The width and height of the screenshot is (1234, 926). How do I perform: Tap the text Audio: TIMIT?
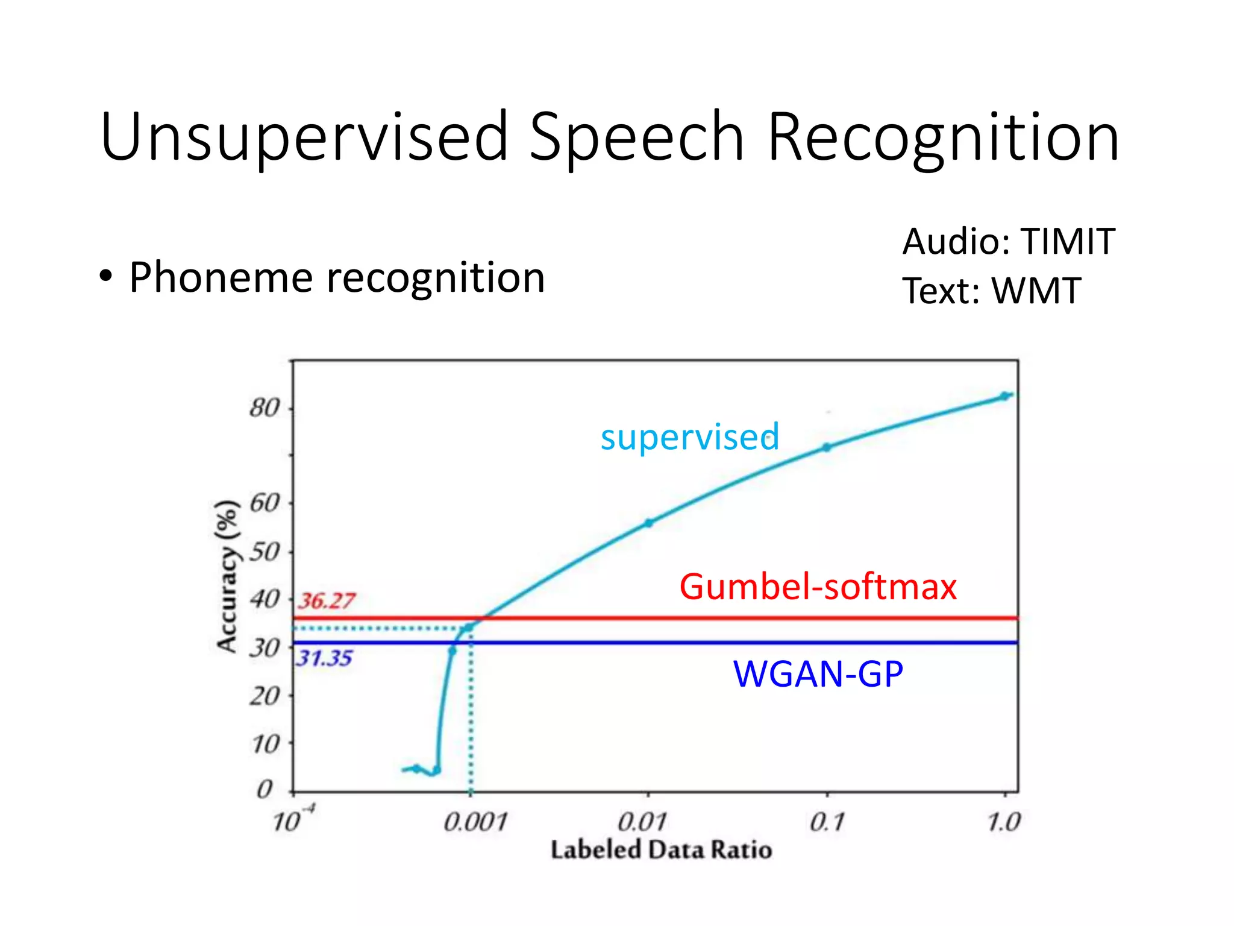tap(1009, 242)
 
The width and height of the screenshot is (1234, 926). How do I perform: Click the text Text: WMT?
tap(991, 291)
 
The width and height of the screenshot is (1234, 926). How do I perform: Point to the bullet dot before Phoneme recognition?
tap(106, 278)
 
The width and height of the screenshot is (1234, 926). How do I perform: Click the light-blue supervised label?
tap(690, 436)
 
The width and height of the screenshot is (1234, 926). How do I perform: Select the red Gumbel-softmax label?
tap(818, 587)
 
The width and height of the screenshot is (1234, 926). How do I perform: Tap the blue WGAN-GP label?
tap(818, 674)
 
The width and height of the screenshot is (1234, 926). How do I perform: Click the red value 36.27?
tap(326, 601)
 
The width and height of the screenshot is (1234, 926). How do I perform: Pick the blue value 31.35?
tap(324, 658)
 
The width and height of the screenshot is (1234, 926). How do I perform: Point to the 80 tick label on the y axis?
tap(265, 409)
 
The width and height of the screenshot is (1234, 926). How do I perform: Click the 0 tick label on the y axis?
tap(265, 789)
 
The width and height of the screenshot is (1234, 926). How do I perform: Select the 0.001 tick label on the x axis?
tap(475, 822)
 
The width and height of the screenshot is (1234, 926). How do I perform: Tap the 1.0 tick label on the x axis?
tap(1004, 822)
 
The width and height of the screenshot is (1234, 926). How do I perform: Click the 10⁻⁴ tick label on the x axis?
tap(292, 820)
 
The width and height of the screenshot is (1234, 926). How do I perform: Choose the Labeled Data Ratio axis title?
tap(661, 850)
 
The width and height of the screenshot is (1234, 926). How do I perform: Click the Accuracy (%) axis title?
tap(227, 576)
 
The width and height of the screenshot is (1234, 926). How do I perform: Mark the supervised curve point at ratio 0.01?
tap(648, 523)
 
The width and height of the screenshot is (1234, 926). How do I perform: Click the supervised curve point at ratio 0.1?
tap(827, 447)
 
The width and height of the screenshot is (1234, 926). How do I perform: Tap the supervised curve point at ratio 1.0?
tap(1004, 396)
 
